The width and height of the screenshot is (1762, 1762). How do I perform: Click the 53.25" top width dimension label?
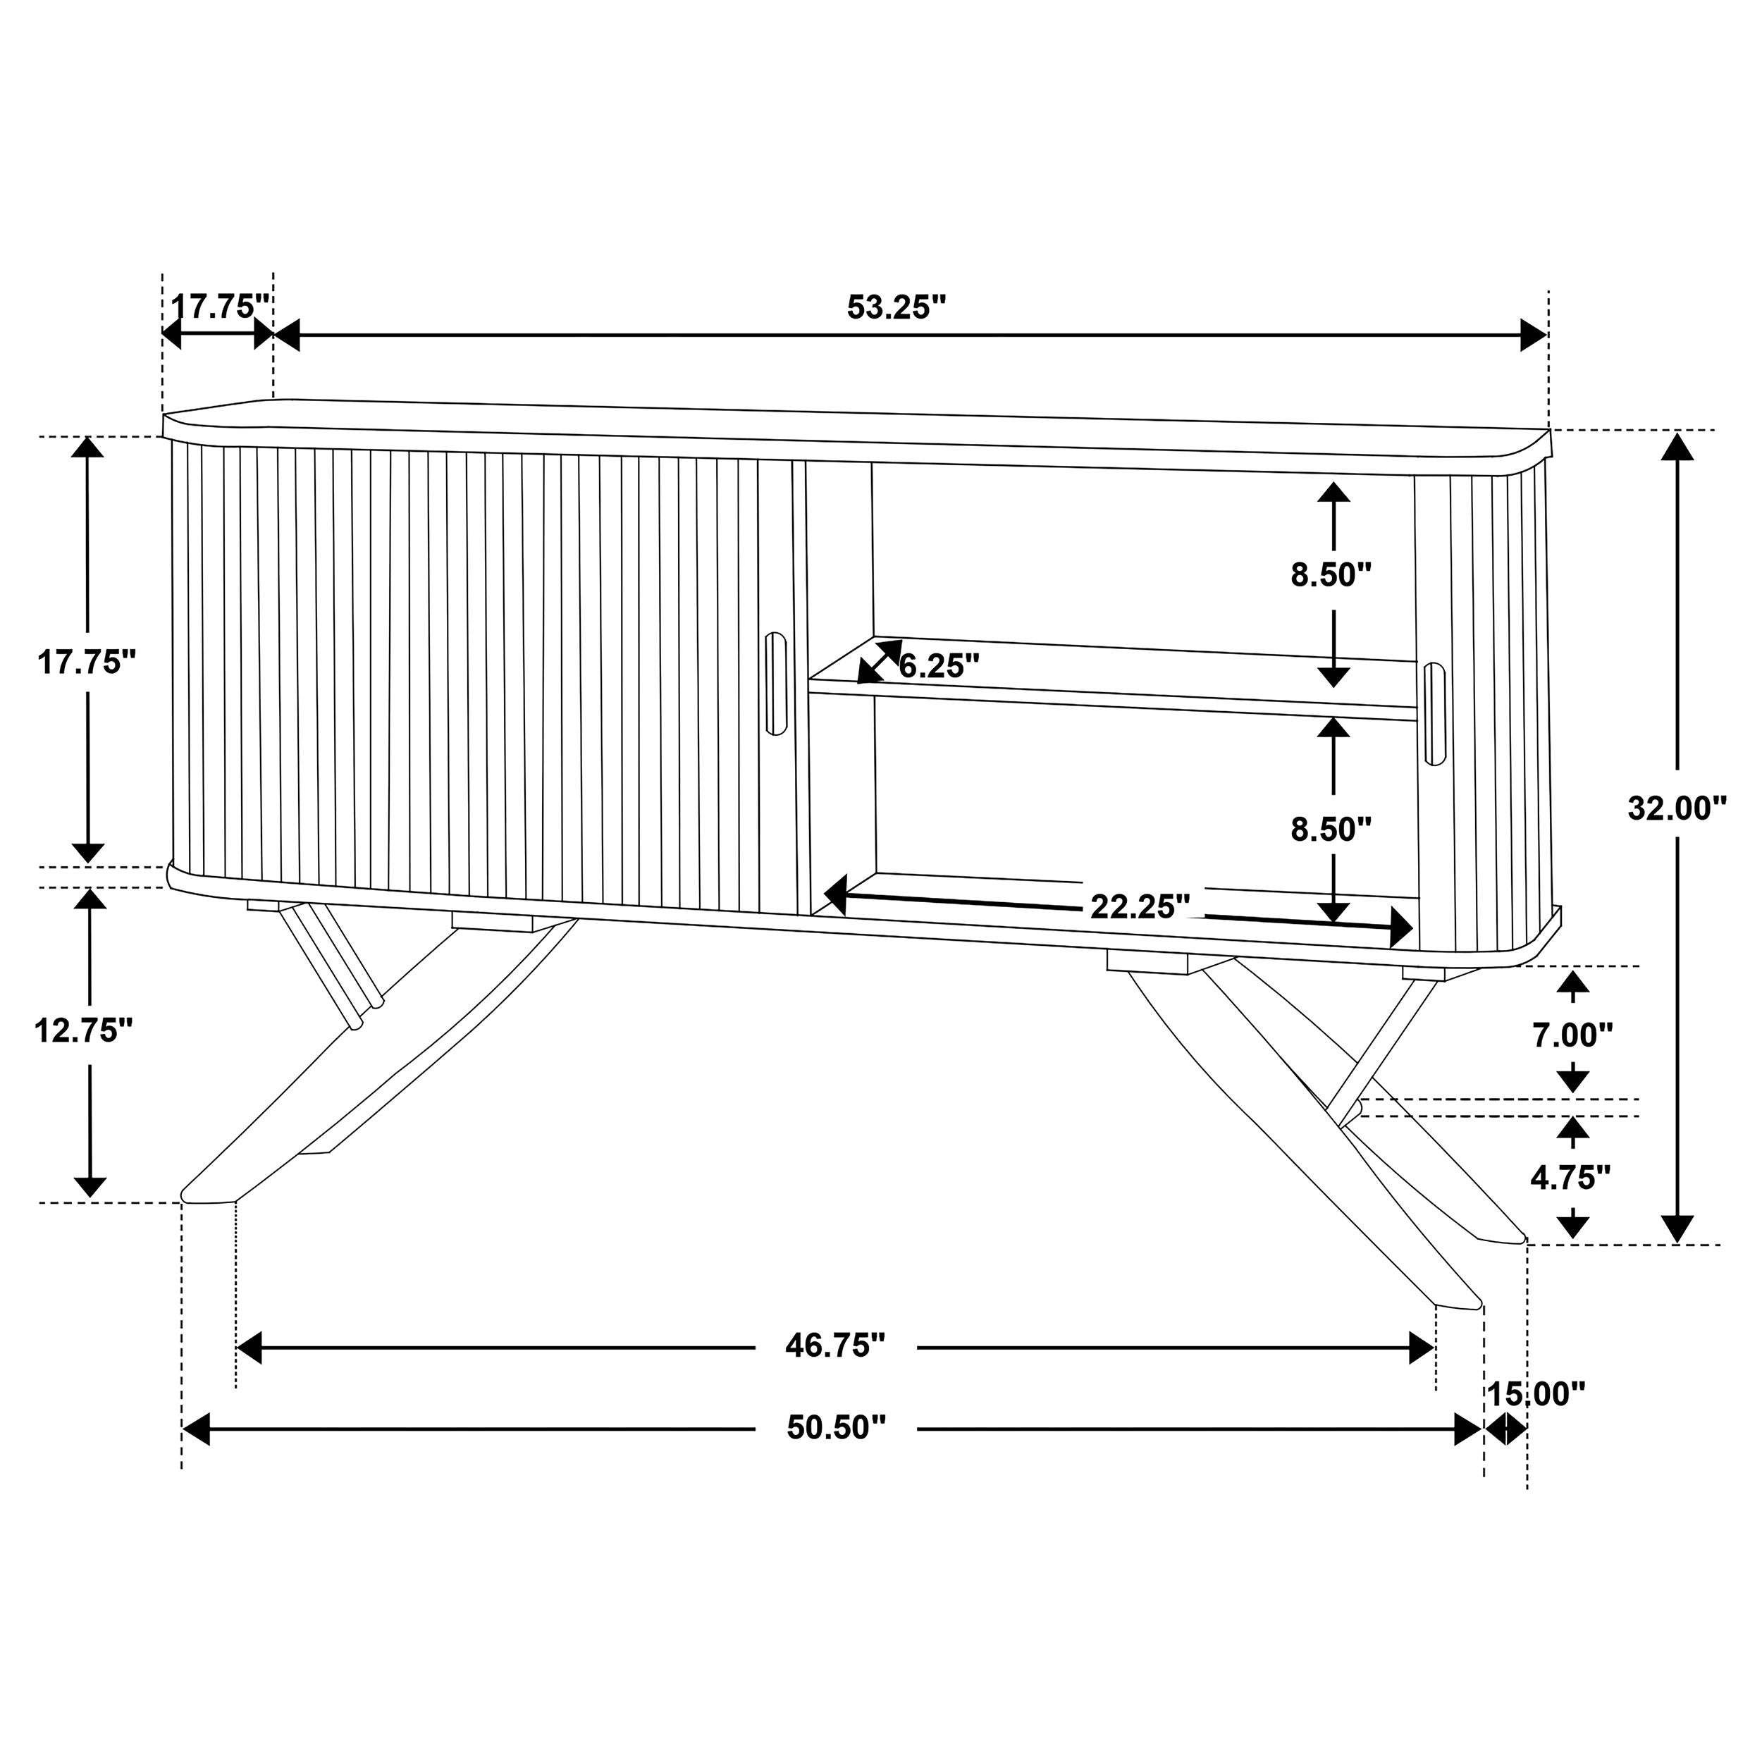[x=897, y=307]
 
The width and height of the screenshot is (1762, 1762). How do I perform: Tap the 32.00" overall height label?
[x=1677, y=807]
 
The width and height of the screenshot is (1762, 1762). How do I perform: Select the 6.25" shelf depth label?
[x=939, y=666]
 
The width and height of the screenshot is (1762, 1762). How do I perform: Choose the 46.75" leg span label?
[x=835, y=1370]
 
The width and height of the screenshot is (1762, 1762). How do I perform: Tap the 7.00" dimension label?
[x=1572, y=1035]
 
